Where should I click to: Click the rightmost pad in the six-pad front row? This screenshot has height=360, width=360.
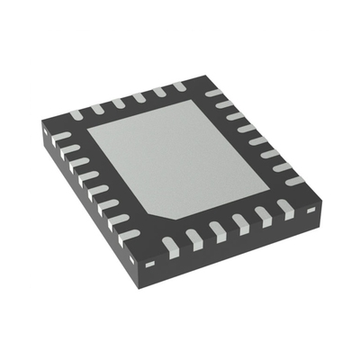click(287, 209)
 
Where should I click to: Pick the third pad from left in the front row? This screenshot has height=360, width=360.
click(217, 228)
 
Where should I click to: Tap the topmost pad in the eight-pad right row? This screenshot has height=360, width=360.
click(213, 92)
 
